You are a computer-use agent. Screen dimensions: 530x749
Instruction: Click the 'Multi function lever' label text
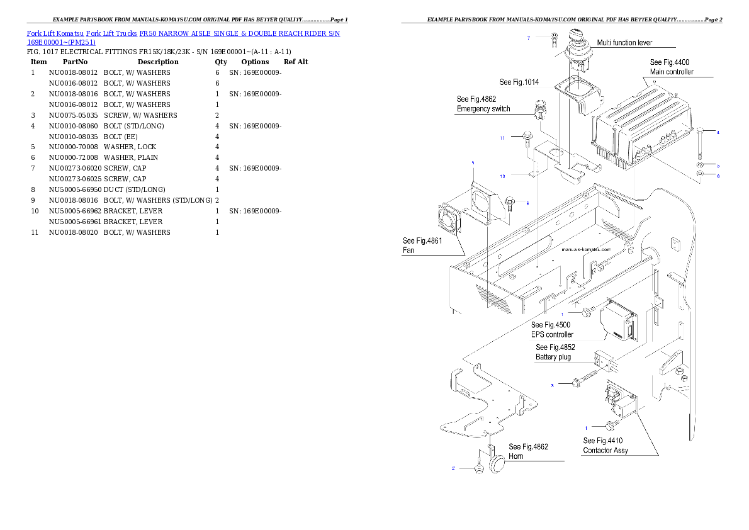click(x=625, y=42)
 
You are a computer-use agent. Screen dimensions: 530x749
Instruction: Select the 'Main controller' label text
click(x=672, y=72)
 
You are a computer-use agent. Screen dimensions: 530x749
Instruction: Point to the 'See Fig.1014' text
click(x=519, y=82)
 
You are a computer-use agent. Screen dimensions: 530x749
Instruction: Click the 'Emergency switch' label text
click(x=483, y=109)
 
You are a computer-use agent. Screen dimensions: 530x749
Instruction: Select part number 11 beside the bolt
click(x=502, y=137)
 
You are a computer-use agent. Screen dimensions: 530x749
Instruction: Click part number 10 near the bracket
click(x=502, y=176)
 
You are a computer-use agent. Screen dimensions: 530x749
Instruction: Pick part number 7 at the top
click(x=529, y=38)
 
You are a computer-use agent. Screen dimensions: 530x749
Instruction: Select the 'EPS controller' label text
click(x=552, y=334)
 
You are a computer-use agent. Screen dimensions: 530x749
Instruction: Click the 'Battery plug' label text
click(x=553, y=357)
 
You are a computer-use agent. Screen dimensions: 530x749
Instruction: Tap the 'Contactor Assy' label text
click(x=605, y=450)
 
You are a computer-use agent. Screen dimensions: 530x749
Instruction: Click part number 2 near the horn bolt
click(x=453, y=468)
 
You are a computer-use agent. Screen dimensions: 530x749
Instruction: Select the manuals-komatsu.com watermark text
click(x=585, y=249)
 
